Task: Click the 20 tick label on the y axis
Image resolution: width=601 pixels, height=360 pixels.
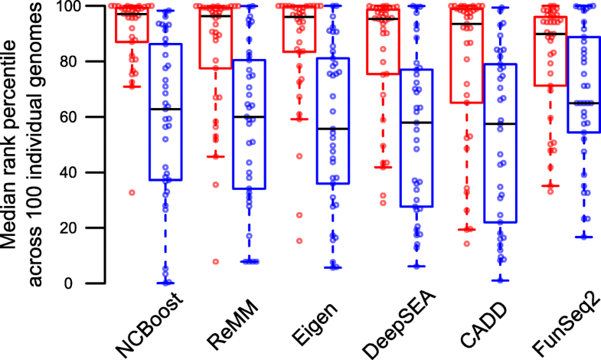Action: [x=70, y=228]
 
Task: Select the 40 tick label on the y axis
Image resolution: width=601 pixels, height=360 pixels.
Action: [x=70, y=172]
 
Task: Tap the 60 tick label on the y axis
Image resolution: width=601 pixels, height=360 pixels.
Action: [x=70, y=117]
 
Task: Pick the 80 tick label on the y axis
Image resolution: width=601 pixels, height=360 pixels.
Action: [x=70, y=61]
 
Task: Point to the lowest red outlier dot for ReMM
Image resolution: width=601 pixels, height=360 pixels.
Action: [x=216, y=261]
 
